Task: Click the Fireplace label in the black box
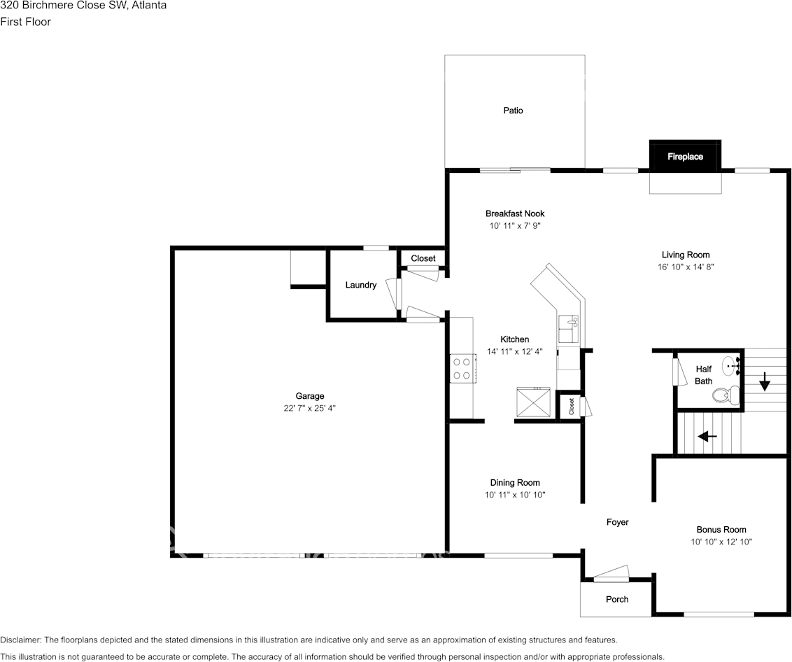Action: coord(685,157)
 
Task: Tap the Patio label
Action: coord(513,111)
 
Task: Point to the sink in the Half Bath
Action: coord(732,365)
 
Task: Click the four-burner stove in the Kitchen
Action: coord(461,368)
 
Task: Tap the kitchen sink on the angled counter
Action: coord(568,328)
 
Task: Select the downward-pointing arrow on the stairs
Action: coord(764,381)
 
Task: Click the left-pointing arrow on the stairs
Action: coord(707,436)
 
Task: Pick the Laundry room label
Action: coord(361,285)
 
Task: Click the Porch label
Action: coord(616,599)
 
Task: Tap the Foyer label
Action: coord(617,522)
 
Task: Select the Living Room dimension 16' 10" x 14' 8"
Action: coord(686,267)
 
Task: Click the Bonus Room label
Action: coord(721,530)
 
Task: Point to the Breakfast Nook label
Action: coord(515,213)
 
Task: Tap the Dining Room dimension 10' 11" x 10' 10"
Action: coord(515,495)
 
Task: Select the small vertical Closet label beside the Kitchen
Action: coord(572,406)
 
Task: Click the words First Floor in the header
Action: coord(26,22)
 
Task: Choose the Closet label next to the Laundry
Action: coord(423,258)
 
